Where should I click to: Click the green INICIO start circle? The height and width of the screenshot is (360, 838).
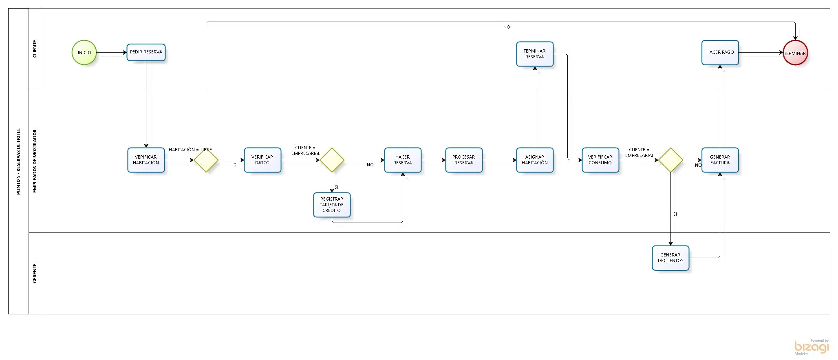84,53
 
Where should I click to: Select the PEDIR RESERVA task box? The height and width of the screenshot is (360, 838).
146,52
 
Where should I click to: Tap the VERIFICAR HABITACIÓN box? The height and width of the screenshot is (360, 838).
146,160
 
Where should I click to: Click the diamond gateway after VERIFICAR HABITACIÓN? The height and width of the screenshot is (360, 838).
206,160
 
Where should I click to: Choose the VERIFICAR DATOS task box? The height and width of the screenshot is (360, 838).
262,160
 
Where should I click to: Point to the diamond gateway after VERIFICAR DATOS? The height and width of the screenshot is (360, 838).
332,160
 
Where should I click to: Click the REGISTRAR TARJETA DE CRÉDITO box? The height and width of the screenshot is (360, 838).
332,205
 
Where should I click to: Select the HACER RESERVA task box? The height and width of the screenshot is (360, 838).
403,160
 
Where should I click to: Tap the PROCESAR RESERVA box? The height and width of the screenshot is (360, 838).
464,160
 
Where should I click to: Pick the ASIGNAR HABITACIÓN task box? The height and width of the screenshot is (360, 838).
535,160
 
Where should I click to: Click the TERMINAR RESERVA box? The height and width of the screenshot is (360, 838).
535,54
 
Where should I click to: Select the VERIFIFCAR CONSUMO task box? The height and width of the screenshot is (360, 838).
600,160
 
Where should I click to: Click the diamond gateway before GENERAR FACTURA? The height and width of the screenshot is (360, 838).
670,160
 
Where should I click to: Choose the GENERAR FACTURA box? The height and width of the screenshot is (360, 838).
720,160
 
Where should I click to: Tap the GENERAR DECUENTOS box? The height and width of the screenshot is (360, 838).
670,258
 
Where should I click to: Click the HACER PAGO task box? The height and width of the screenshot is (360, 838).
720,52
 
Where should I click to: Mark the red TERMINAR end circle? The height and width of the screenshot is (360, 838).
795,53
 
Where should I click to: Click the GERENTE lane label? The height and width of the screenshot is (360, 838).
35,273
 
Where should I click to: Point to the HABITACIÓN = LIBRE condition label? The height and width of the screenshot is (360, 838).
190,150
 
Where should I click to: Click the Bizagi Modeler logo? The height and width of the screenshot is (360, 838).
811,347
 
